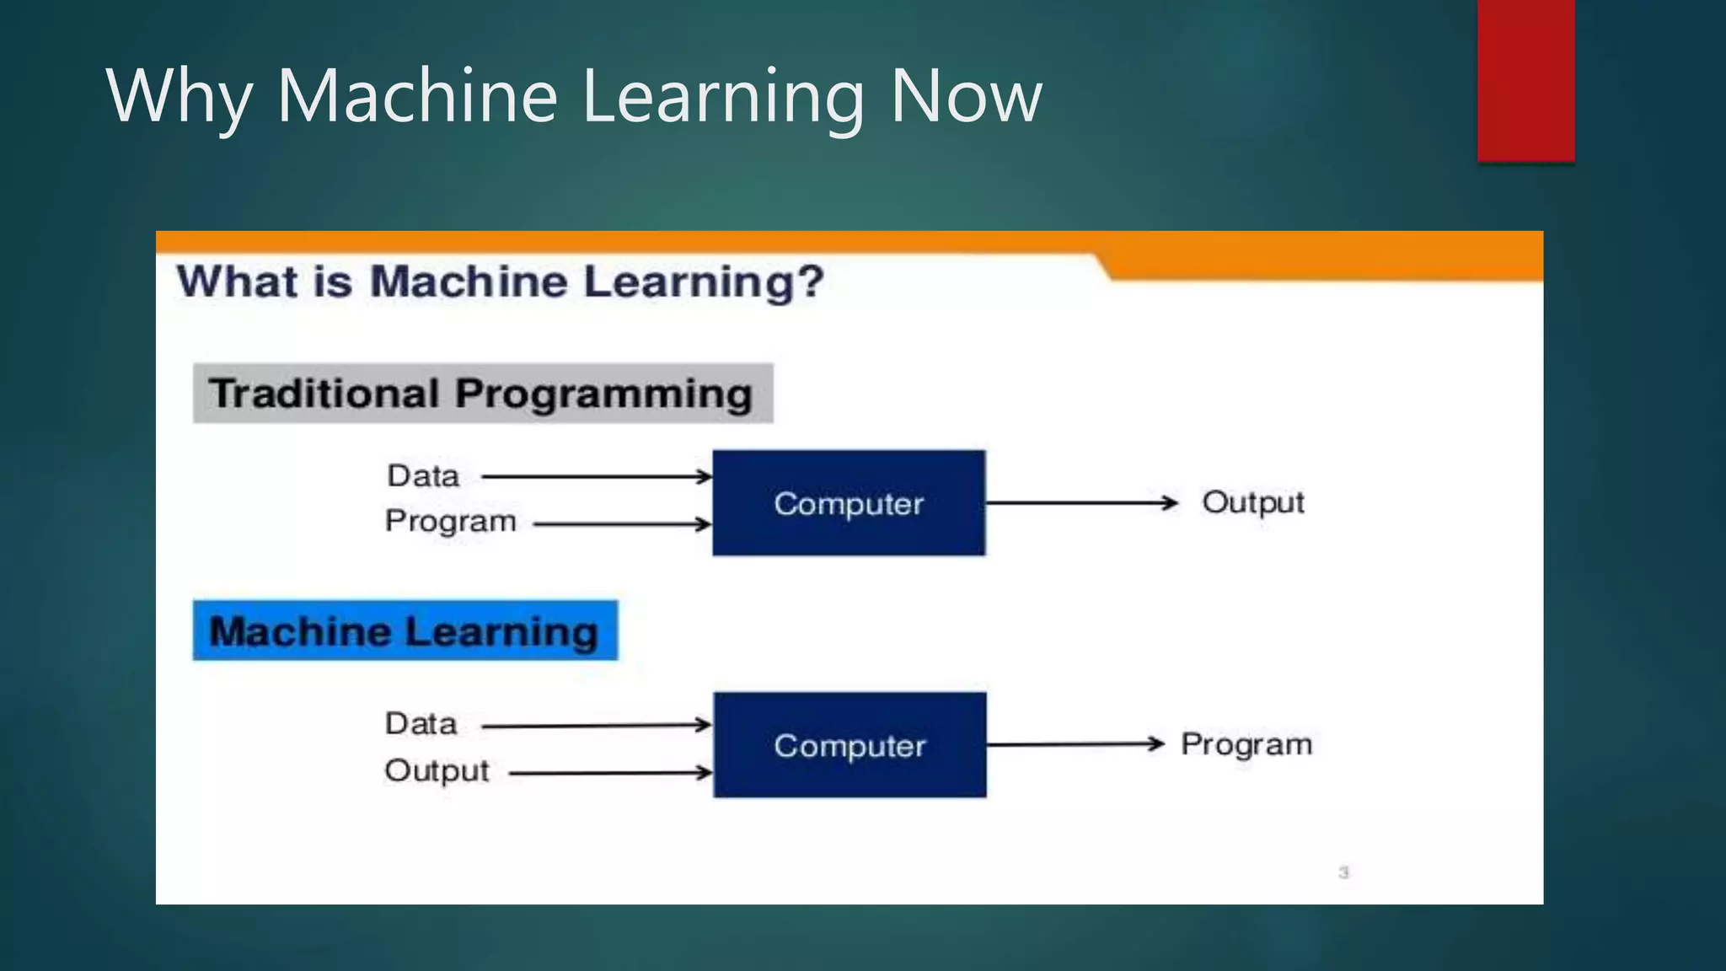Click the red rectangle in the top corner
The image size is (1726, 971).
coord(1525,80)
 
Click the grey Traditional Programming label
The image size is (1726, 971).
coord(482,394)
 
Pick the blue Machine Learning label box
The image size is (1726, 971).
coord(405,630)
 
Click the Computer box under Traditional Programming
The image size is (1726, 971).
coord(849,503)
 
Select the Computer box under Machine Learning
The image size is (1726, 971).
coord(850,745)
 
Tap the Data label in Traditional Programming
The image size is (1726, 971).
coord(423,476)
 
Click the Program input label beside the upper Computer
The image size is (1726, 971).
coord(450,522)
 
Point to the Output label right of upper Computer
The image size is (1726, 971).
coord(1252,502)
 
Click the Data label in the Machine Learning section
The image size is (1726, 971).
coord(421,724)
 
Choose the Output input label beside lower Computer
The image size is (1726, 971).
coord(437,770)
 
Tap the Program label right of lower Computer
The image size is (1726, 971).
coord(1246,744)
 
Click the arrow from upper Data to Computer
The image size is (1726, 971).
coord(596,476)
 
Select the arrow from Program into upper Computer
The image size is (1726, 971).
coord(622,524)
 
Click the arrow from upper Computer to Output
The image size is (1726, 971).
coord(1080,503)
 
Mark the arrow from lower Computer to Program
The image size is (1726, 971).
coord(1075,744)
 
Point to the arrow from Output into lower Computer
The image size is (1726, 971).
coord(610,772)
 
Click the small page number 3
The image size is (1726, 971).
coord(1343,872)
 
